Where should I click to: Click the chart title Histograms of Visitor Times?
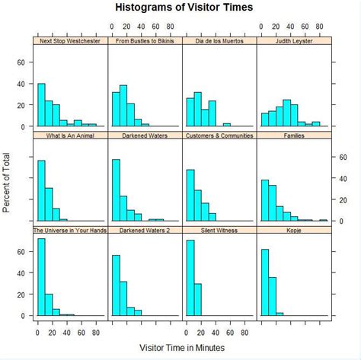(184, 8)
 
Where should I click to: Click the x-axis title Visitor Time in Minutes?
(183, 346)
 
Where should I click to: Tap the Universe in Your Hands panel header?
(69, 229)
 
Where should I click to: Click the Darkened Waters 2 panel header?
(144, 229)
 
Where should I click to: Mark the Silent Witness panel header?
(219, 229)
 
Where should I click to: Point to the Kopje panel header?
(293, 229)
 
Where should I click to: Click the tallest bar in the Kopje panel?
(265, 282)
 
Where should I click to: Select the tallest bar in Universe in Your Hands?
(41, 277)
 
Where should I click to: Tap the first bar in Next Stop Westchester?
(41, 105)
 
